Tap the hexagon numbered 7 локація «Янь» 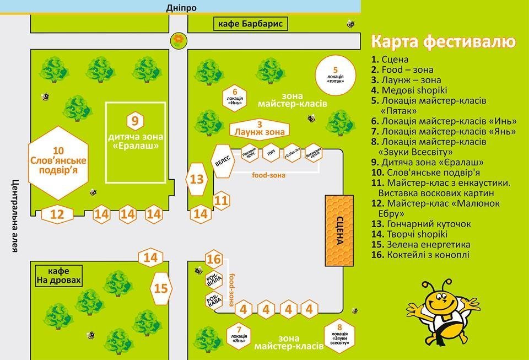[239, 334]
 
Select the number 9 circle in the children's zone [135, 120]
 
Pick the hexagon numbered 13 [197, 179]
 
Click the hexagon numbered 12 [57, 214]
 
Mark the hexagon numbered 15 [161, 288]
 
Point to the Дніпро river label [181, 7]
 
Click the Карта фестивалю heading [443, 42]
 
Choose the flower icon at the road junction [179, 40]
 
